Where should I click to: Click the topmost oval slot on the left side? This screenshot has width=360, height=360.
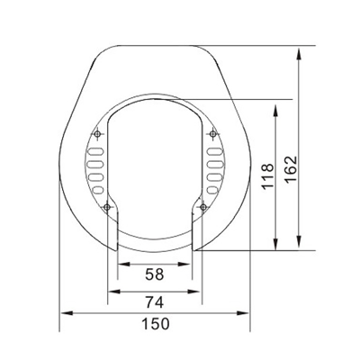point(94,151)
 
